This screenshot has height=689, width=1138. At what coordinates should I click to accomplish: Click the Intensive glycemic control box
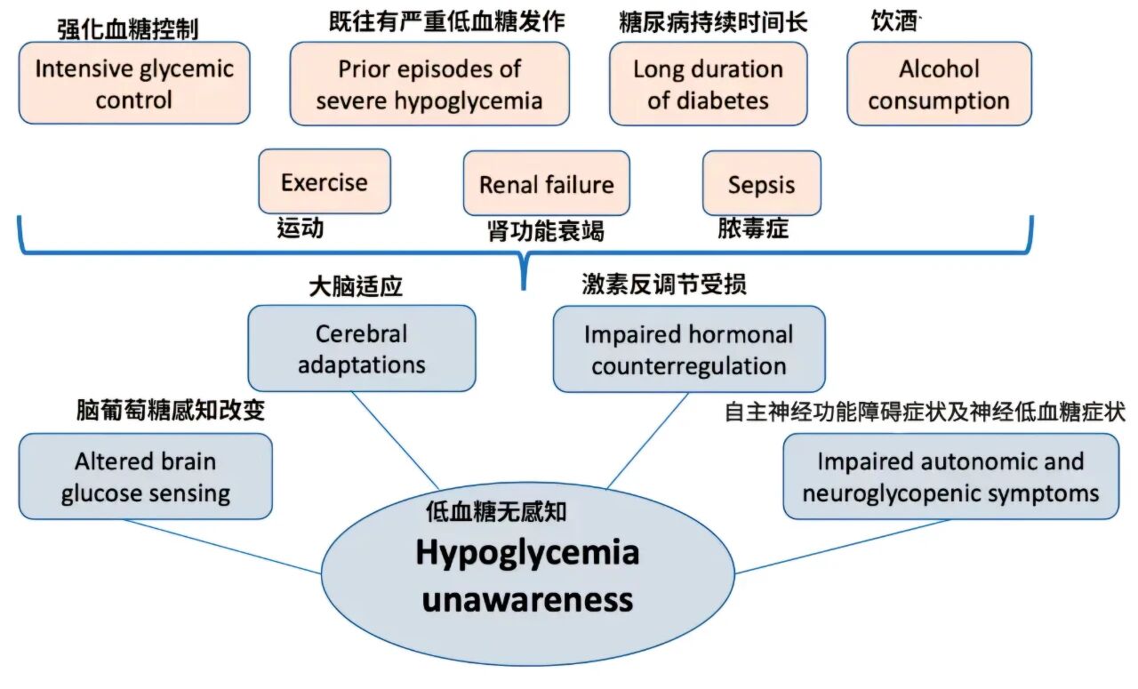(x=134, y=83)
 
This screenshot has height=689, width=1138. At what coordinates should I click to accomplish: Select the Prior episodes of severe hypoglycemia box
(x=429, y=84)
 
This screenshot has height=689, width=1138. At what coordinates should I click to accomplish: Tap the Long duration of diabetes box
(x=708, y=84)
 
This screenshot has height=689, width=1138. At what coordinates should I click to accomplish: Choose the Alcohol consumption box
(x=939, y=84)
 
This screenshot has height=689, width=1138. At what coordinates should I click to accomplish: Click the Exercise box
(x=324, y=181)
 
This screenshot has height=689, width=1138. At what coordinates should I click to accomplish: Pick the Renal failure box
(x=546, y=183)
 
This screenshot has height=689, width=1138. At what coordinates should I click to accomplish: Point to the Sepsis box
(x=761, y=183)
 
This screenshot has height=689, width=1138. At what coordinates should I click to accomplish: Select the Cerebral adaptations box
(x=361, y=348)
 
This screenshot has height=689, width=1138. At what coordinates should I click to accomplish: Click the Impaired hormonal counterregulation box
(x=688, y=349)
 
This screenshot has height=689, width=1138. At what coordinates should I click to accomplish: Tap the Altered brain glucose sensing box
(x=145, y=477)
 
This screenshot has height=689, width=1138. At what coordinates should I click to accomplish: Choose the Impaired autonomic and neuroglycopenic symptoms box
(x=950, y=477)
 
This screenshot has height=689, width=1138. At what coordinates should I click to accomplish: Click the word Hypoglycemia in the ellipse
(x=527, y=553)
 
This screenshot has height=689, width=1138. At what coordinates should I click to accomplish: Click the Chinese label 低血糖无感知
(x=496, y=511)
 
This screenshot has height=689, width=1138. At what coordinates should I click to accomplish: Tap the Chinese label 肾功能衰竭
(x=545, y=231)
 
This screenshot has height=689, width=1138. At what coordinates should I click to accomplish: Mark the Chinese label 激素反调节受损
(x=663, y=284)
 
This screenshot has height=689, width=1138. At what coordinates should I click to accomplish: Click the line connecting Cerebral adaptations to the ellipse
(x=395, y=440)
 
